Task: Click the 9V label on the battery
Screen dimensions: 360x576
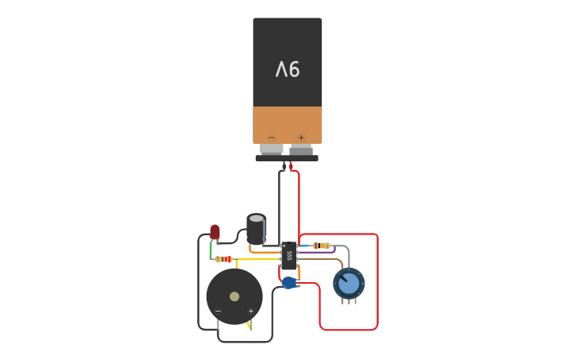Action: tap(288, 70)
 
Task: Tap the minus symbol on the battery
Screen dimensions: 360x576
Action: tap(272, 137)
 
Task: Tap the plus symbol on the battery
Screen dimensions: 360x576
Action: tap(301, 137)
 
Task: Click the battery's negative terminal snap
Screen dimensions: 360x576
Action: tap(272, 149)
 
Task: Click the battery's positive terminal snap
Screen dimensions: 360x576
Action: tap(301, 149)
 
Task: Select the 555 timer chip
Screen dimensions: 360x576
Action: tap(288, 255)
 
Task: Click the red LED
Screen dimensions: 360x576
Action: tap(215, 231)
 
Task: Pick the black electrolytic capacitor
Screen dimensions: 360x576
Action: tap(256, 230)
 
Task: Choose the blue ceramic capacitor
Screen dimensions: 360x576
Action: tap(289, 282)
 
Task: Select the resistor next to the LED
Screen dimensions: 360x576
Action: tap(223, 259)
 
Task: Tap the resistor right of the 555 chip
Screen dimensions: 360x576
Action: tap(321, 246)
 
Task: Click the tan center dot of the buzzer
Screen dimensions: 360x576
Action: tap(234, 296)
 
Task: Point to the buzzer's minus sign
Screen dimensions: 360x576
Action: tap(218, 311)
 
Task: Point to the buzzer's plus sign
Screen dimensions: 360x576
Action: tap(251, 311)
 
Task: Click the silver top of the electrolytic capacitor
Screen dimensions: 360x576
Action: tap(256, 218)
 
